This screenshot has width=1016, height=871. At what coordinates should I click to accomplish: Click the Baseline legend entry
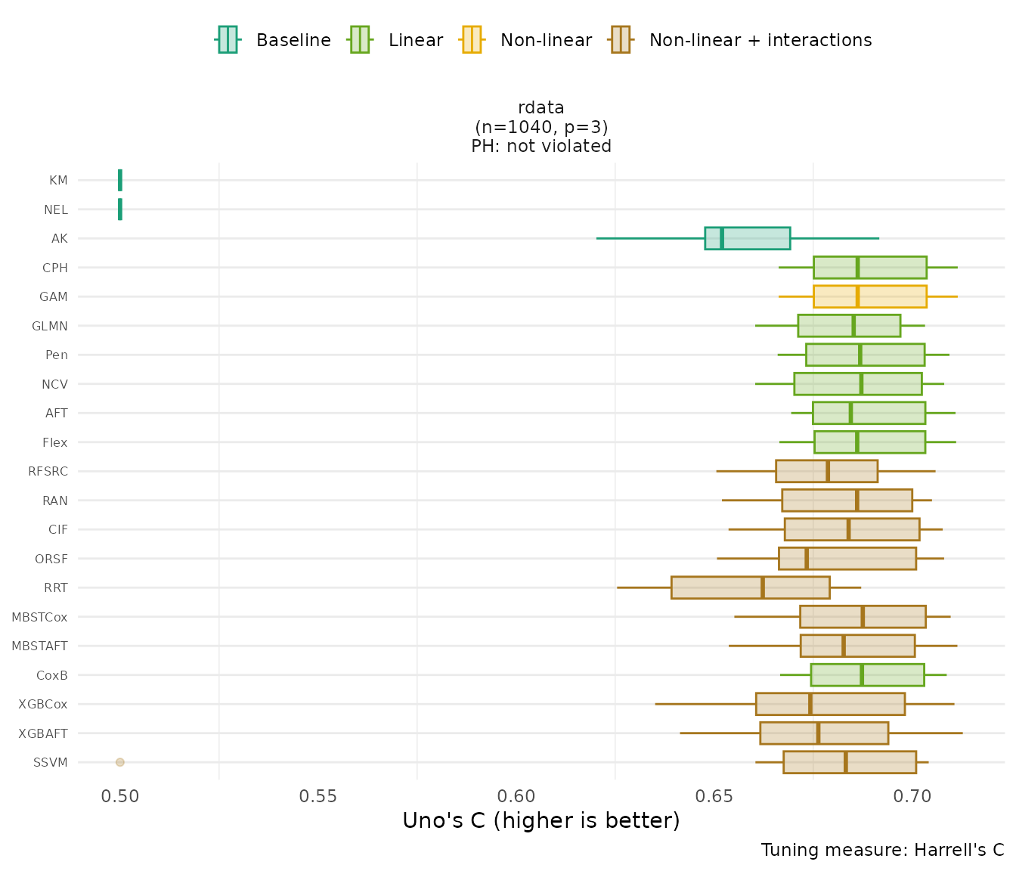point(274,40)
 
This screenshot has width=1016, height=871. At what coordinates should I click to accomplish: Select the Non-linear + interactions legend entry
point(741,40)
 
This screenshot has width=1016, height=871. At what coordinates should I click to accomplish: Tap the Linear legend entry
point(396,40)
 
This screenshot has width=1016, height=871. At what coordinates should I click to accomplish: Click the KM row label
point(58,181)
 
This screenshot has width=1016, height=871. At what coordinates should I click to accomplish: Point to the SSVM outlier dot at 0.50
point(119,762)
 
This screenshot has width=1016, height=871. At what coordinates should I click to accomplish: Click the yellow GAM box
point(869,296)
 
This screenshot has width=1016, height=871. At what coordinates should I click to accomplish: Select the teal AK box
point(747,238)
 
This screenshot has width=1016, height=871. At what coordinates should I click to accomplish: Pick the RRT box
point(750,587)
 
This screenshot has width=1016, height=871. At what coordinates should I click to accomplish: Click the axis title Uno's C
point(541,821)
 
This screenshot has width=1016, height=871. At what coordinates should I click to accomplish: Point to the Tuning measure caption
point(882,850)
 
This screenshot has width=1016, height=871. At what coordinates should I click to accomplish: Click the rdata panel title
point(541,107)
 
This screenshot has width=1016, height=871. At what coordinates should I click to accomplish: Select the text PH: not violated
point(541,147)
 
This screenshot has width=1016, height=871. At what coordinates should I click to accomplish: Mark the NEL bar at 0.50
point(120,209)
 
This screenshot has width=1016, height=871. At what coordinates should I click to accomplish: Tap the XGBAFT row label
point(43,733)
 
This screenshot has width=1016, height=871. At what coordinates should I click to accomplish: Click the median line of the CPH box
point(857,268)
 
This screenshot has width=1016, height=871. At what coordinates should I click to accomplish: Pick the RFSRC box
point(826,471)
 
